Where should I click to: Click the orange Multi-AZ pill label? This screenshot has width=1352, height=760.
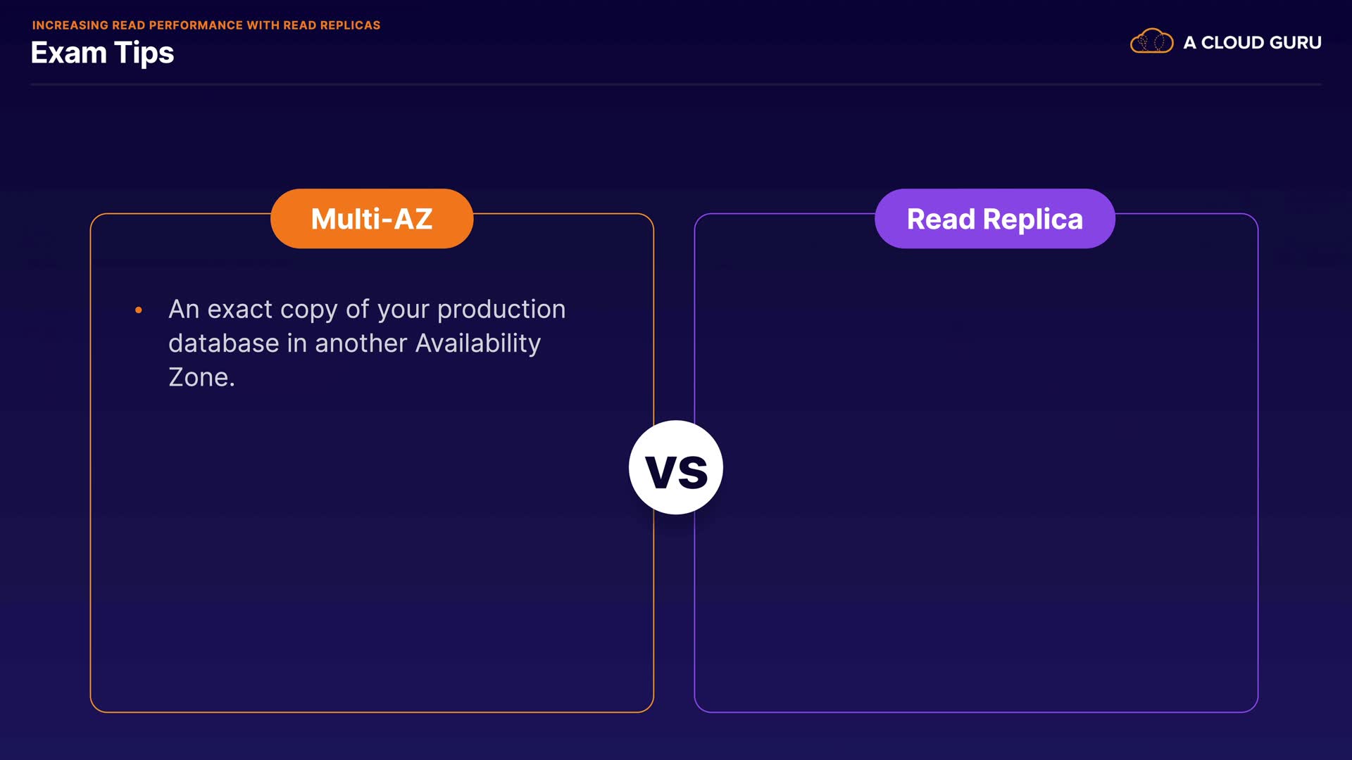(372, 218)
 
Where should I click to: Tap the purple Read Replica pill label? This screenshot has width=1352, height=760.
(994, 218)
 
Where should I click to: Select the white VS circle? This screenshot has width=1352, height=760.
(676, 467)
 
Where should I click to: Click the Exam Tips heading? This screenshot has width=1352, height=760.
(102, 53)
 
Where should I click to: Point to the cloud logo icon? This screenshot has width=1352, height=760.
(1151, 42)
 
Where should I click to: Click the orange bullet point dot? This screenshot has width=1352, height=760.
(139, 310)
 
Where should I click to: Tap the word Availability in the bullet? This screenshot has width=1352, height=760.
(478, 343)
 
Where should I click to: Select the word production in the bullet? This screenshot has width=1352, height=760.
(501, 310)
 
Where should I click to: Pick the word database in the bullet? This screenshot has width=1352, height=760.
(224, 343)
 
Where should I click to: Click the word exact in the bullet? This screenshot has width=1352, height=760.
(239, 310)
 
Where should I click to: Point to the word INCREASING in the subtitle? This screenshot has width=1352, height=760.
(70, 25)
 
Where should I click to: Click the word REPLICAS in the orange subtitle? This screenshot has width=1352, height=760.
(350, 25)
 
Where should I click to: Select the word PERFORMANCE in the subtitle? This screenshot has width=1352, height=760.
(196, 25)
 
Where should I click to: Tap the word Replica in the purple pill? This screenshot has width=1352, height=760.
(1033, 220)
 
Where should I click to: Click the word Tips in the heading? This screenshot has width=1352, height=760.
(144, 53)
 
